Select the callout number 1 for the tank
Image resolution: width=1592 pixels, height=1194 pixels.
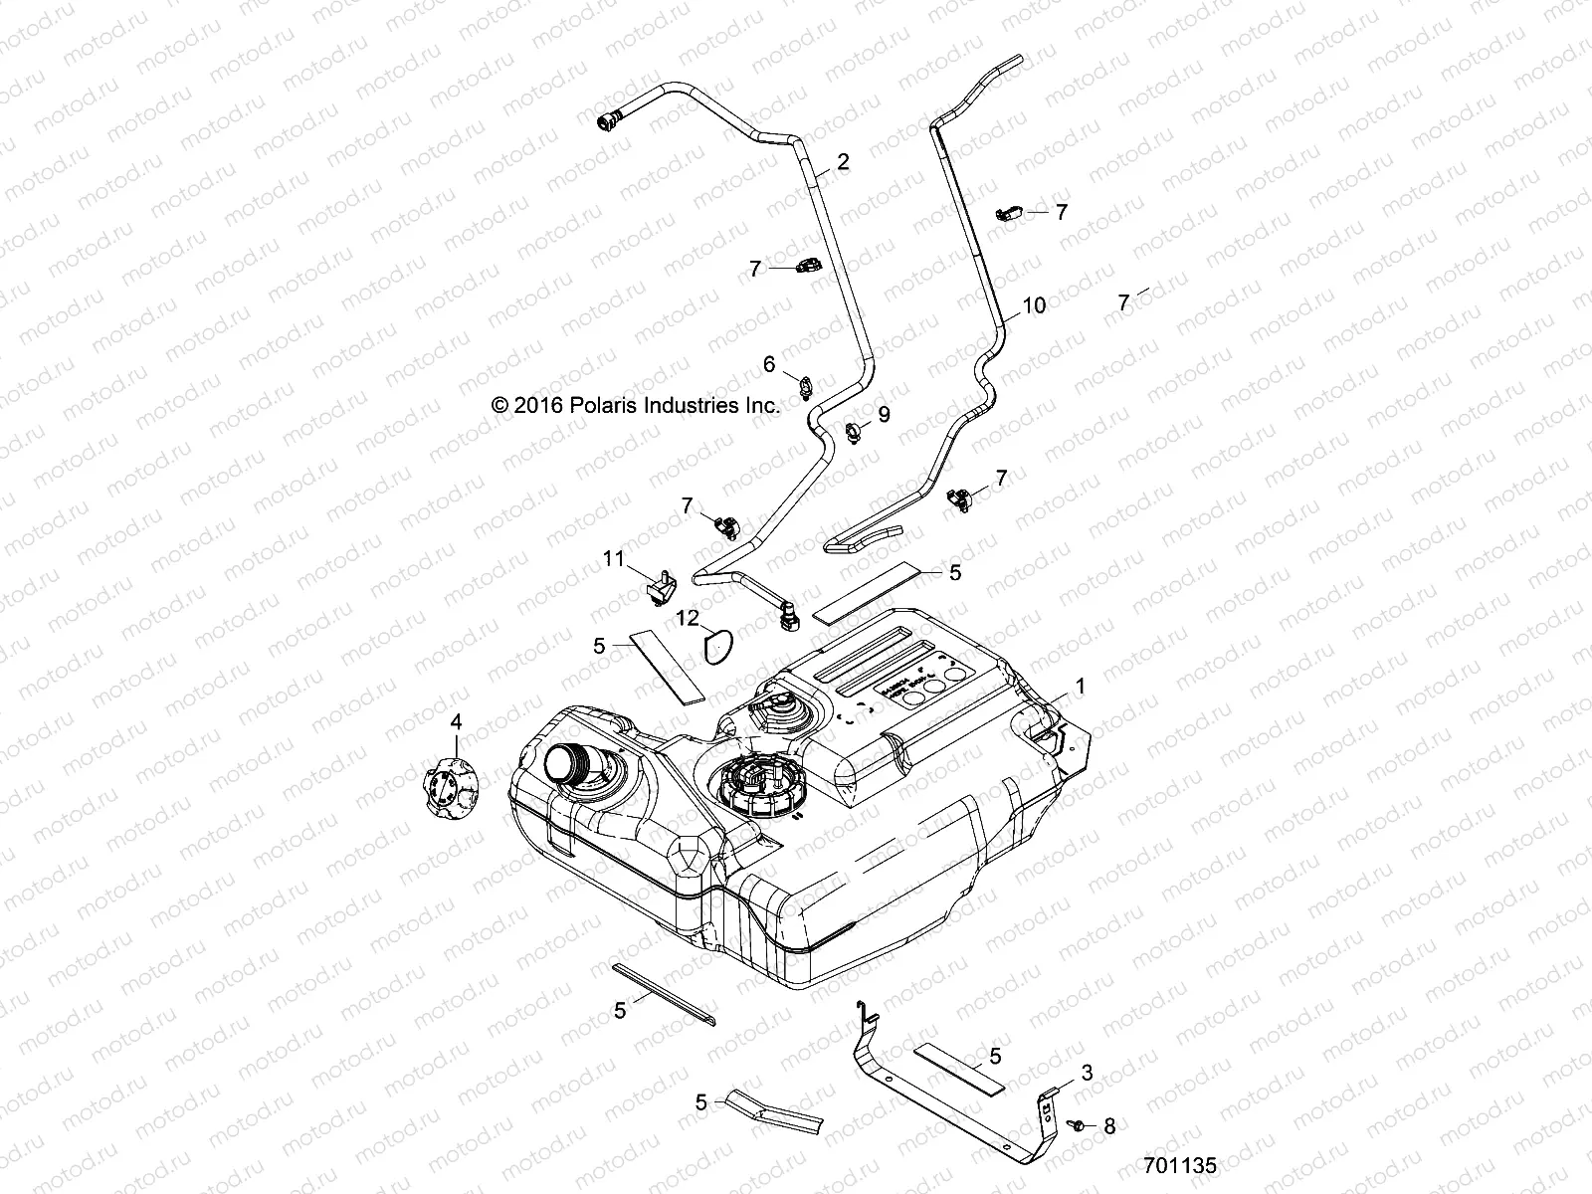[x=1080, y=687]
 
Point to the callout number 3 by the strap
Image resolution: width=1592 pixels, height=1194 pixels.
[x=1087, y=1073]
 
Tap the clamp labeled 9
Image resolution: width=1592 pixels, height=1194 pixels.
[x=855, y=432]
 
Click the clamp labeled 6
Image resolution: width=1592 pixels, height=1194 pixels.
[x=804, y=382]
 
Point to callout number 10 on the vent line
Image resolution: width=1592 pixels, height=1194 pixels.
[x=1034, y=305]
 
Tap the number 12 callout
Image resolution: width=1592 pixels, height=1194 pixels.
[x=689, y=618]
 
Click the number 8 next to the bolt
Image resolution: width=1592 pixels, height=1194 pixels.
[x=1109, y=1127]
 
